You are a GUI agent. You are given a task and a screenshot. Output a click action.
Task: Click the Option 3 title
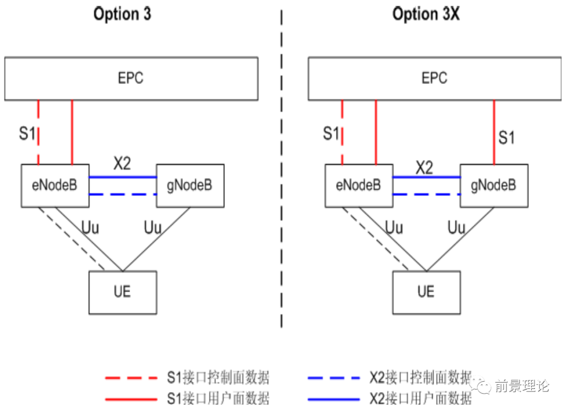click(123, 14)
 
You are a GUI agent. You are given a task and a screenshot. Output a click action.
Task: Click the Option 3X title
click(426, 14)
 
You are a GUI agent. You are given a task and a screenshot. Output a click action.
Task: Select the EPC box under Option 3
click(131, 78)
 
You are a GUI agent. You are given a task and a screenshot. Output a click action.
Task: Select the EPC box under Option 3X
click(434, 78)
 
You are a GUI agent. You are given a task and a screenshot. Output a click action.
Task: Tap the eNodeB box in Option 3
click(55, 185)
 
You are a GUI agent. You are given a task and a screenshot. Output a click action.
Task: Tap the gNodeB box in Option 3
click(190, 185)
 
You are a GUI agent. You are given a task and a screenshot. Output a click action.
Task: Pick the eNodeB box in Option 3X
click(359, 185)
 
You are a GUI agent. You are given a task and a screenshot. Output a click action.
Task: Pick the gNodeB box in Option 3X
click(493, 185)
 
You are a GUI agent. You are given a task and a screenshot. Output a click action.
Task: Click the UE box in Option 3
click(123, 292)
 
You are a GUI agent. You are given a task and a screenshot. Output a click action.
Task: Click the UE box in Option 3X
click(426, 292)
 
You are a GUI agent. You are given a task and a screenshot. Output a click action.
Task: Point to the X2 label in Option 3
click(122, 164)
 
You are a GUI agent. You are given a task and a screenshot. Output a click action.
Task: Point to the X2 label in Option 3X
click(424, 168)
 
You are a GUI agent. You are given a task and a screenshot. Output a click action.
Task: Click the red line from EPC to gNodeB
click(494, 132)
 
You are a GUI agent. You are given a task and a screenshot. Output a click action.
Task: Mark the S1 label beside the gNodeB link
click(506, 138)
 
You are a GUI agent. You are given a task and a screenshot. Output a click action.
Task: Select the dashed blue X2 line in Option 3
click(123, 195)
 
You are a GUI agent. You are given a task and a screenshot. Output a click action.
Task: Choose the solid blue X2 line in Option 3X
click(427, 177)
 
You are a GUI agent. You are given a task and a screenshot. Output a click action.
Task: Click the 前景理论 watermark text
click(521, 387)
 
